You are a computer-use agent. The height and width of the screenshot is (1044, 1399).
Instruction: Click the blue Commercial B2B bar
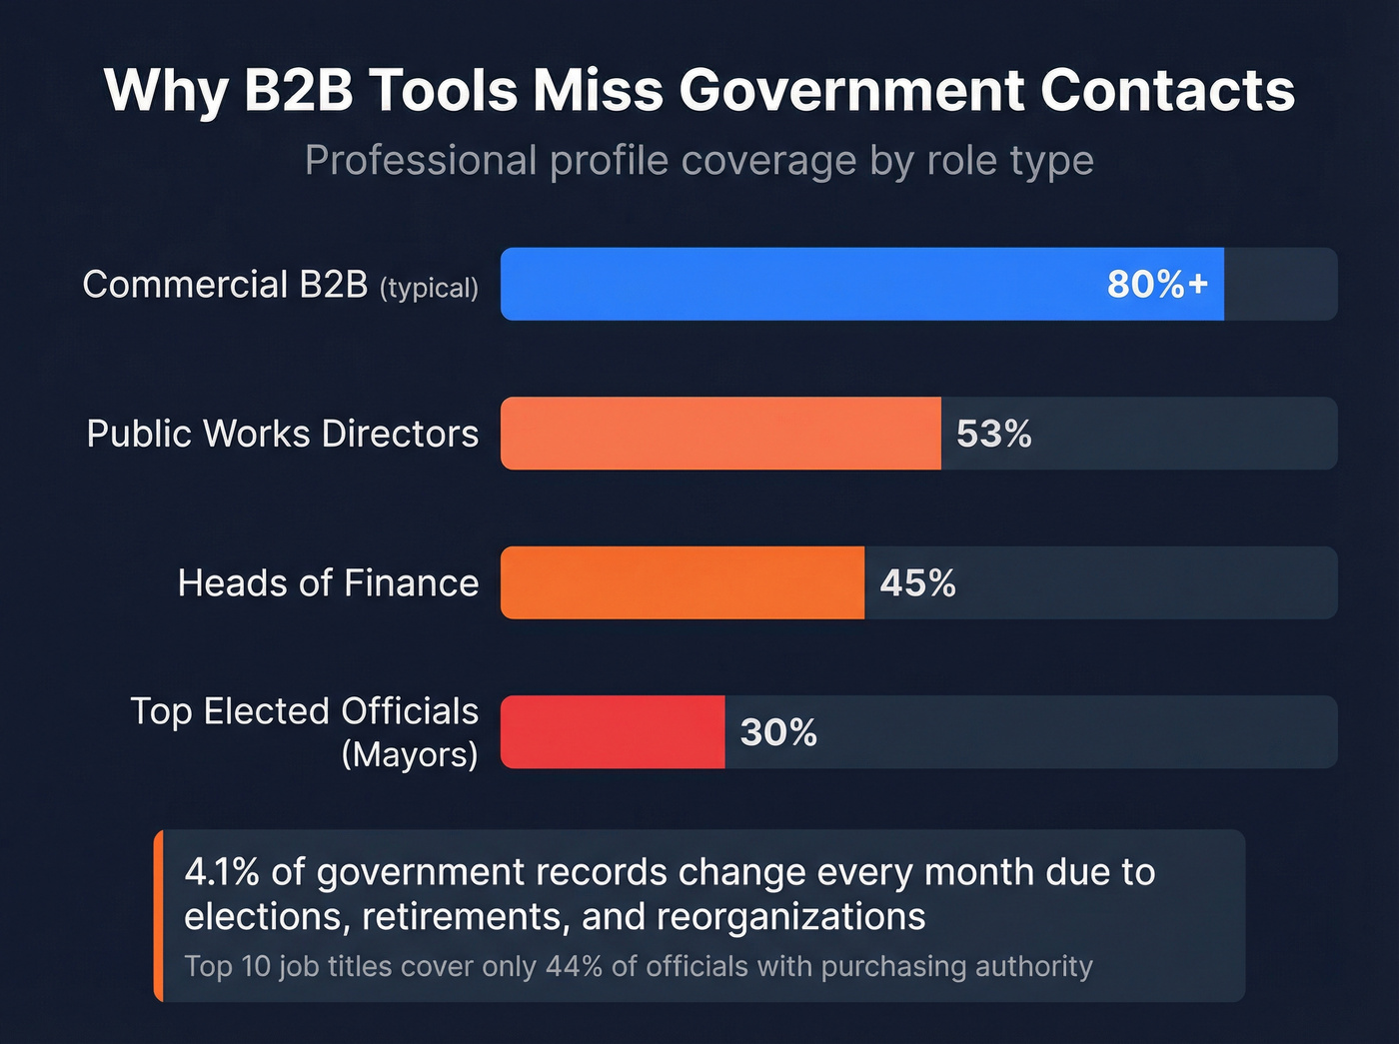799,285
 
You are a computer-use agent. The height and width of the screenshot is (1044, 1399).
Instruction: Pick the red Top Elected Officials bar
612,732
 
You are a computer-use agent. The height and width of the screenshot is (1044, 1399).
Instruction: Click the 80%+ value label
1157,285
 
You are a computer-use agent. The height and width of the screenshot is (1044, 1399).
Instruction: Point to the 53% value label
993,434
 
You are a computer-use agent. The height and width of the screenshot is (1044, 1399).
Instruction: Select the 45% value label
917,582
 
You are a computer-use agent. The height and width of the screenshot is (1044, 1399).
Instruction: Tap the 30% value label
778,732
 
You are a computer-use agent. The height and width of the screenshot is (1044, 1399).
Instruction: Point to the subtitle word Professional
421,161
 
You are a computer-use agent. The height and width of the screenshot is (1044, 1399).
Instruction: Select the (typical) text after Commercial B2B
429,289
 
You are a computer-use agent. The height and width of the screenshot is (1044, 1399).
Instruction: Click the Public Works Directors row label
283,434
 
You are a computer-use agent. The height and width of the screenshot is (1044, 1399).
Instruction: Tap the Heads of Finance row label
328,582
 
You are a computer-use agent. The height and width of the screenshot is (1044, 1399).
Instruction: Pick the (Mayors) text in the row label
409,754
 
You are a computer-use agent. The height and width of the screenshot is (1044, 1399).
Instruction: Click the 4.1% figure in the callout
222,872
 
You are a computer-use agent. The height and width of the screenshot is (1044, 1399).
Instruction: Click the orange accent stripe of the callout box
158,915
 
